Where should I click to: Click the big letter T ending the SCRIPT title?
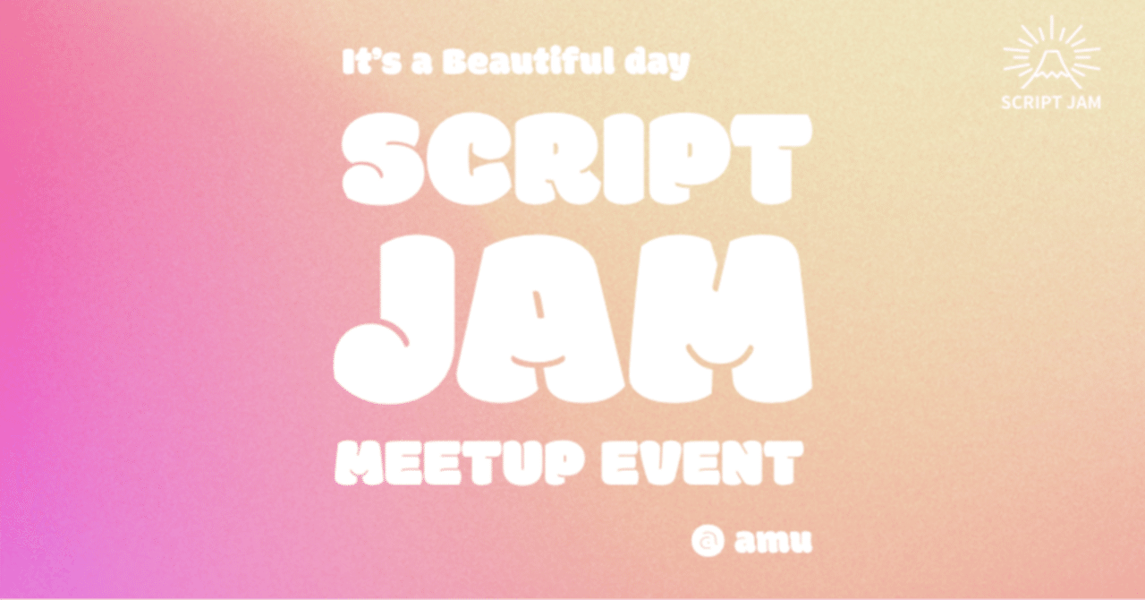pos(772,161)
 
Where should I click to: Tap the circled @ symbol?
pos(707,540)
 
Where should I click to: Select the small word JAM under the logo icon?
pos(1084,102)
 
